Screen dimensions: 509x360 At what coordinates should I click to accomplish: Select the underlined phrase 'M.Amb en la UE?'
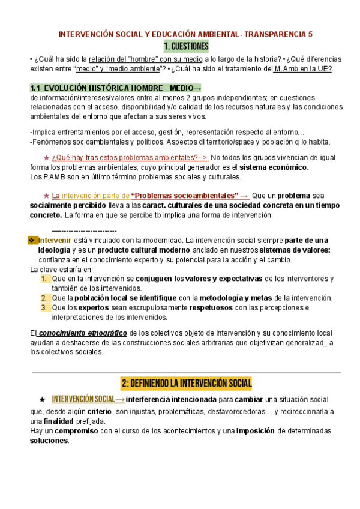[303, 69]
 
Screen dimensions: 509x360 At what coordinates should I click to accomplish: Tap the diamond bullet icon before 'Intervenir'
[33, 241]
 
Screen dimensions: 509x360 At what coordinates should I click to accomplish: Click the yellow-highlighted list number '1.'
[44, 279]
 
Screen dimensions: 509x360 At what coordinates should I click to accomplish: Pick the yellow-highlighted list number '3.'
[44, 308]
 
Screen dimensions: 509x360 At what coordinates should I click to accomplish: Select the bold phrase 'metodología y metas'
[236, 298]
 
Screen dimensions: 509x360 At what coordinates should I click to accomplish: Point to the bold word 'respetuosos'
[213, 308]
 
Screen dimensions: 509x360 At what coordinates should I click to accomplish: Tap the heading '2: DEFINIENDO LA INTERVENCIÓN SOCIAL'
[186, 382]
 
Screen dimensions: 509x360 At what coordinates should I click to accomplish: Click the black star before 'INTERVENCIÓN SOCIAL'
[41, 400]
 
